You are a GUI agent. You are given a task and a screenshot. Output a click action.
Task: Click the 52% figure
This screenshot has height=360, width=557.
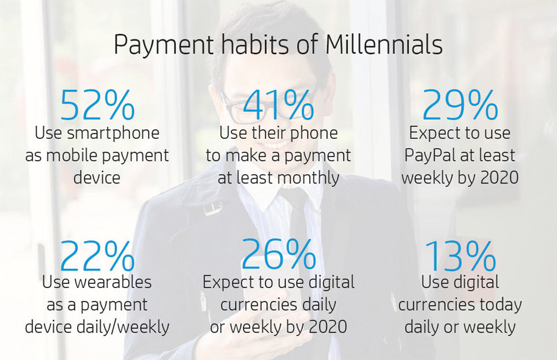pos(97,105)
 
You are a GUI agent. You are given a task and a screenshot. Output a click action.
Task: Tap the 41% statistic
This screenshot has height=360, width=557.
pos(278,105)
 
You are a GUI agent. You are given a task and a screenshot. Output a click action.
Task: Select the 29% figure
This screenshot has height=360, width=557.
pos(460,105)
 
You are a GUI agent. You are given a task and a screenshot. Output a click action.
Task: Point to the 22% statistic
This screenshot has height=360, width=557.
pos(97,255)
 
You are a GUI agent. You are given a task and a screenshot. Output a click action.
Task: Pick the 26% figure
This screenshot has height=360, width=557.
pos(278,254)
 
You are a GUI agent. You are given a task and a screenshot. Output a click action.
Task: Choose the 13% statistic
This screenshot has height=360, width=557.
pos(460,255)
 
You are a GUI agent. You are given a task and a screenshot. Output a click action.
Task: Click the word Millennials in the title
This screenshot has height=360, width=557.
pos(384,45)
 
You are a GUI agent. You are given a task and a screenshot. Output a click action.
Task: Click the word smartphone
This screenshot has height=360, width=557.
pos(113,134)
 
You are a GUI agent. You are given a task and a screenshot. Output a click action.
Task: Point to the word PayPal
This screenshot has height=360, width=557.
pos(430,156)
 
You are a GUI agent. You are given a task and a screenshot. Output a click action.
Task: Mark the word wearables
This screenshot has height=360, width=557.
pos(113,282)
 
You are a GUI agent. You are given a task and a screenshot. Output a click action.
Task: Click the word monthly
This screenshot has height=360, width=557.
pos(309,178)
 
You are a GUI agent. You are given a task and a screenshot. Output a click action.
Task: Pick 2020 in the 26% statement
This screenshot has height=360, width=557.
pos(328,327)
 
